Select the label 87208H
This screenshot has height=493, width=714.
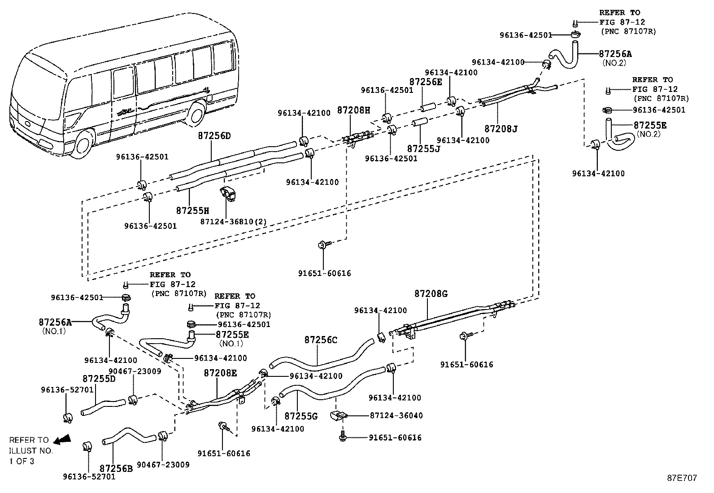click(x=353, y=110)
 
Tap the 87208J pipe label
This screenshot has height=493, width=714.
click(x=501, y=129)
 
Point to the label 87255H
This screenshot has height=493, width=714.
click(x=192, y=210)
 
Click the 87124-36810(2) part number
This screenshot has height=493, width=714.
click(x=233, y=222)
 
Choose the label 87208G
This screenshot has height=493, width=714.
click(x=431, y=294)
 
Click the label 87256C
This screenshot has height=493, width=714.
click(x=321, y=340)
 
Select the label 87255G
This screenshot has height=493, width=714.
click(x=301, y=416)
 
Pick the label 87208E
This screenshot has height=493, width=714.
click(x=220, y=373)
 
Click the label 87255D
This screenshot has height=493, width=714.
click(x=99, y=379)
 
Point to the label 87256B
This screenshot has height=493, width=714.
click(x=116, y=468)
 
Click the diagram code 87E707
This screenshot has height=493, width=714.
click(x=681, y=478)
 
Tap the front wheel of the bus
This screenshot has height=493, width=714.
click(x=83, y=144)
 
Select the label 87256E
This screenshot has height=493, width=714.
click(x=425, y=82)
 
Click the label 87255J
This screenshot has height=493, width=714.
click(x=423, y=148)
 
